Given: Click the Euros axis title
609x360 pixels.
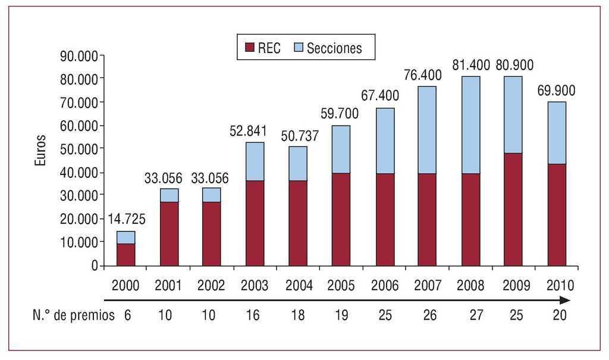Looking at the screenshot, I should (x=40, y=150).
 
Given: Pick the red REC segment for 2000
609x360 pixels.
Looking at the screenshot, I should (x=125, y=255).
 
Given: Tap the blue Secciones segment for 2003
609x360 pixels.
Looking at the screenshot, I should (x=255, y=161).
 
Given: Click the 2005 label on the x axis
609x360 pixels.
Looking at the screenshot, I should (x=341, y=285).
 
